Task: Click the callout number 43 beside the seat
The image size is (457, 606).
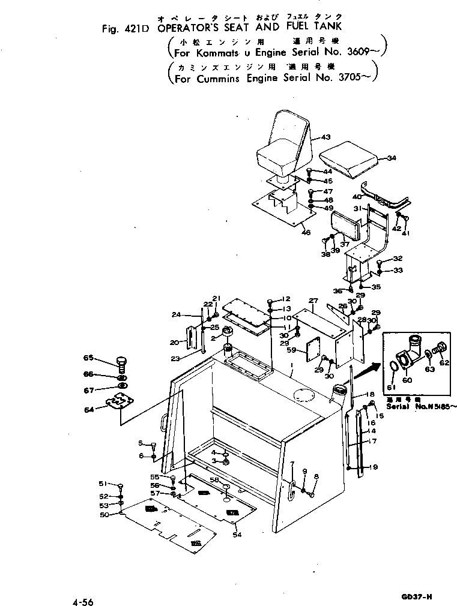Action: click(x=326, y=137)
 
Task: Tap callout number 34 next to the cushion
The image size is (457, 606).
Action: click(x=392, y=158)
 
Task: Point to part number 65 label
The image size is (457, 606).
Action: click(x=88, y=358)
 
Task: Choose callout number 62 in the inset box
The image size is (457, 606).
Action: click(x=444, y=362)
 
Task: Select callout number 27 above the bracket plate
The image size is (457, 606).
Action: click(x=313, y=300)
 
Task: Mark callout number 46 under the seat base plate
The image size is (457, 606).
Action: click(x=306, y=233)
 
